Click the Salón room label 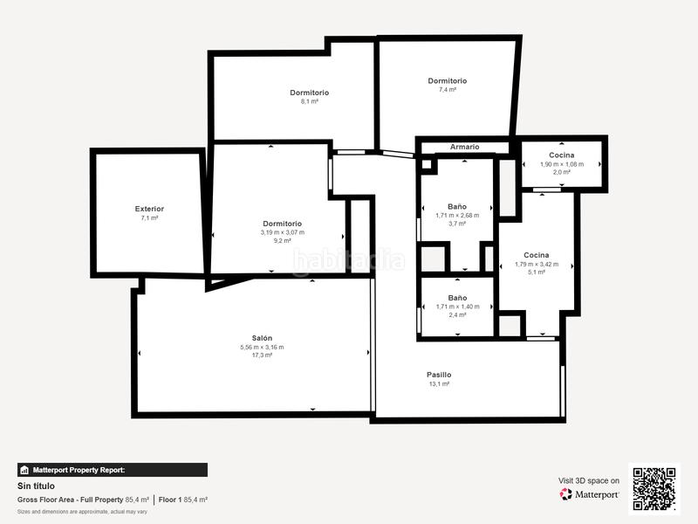263,338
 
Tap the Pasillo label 439,375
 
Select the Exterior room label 149,209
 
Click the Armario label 464,147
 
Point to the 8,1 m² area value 309,101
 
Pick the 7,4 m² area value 447,90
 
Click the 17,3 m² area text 263,355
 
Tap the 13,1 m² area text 439,384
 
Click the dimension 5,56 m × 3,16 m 263,347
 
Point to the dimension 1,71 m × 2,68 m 457,216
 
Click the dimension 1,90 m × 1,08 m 562,164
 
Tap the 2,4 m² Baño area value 457,315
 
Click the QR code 654,489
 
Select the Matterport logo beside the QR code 590,494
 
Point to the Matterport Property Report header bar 113,470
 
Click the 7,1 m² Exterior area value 149,217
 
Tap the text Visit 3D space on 589,480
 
